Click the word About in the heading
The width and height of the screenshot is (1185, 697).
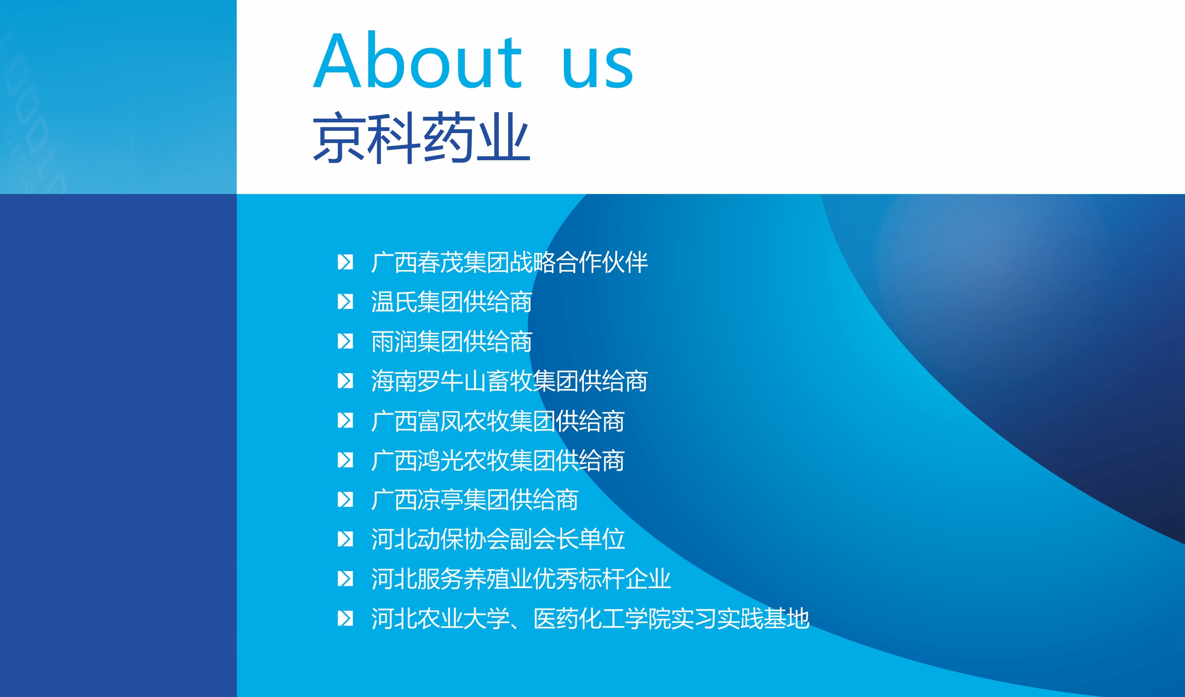click(x=418, y=60)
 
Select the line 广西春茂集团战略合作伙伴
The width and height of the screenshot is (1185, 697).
click(x=509, y=262)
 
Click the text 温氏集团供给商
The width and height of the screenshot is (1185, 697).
click(x=451, y=302)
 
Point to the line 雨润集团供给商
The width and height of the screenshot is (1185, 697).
click(x=451, y=341)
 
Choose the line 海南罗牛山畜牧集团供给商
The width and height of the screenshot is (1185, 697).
click(x=509, y=381)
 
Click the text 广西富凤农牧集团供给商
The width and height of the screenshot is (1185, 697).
click(x=498, y=421)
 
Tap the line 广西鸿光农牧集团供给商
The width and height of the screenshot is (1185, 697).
click(x=498, y=460)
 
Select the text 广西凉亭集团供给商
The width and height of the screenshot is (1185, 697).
click(x=474, y=499)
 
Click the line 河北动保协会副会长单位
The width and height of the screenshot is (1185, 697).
click(x=498, y=539)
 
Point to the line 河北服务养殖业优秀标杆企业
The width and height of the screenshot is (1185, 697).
click(x=521, y=578)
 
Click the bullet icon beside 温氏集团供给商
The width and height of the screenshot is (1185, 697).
click(x=345, y=302)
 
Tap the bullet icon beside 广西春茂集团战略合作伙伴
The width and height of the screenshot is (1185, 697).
click(x=345, y=262)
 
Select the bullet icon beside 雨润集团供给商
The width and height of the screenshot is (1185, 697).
click(x=345, y=341)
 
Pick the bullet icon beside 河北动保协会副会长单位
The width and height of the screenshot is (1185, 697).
click(x=345, y=539)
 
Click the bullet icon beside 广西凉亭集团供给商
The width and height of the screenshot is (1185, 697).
click(x=345, y=499)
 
